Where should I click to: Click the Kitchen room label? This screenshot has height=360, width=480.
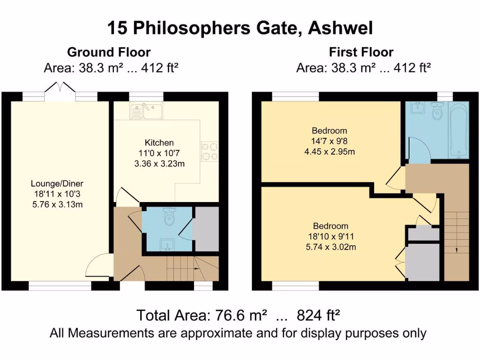[159, 142]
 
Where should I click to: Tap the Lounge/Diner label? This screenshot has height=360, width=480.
[57, 184]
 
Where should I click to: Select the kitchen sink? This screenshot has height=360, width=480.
[146, 112]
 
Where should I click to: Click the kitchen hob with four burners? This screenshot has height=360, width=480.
[210, 151]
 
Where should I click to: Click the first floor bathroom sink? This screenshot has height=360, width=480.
[417, 108]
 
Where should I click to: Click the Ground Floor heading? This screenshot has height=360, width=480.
[109, 52]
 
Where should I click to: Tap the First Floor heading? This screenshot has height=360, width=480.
[361, 52]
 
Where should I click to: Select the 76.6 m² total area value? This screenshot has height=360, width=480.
[239, 315]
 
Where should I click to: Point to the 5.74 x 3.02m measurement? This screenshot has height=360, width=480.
[330, 246]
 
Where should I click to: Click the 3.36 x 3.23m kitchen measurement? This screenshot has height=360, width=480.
[159, 164]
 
